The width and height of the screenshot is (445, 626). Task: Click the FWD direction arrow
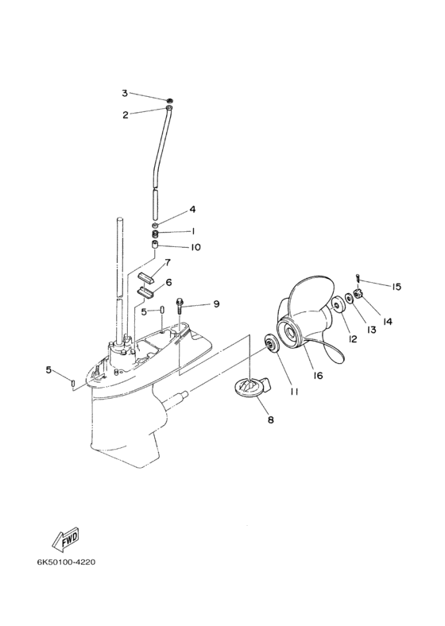(66, 539)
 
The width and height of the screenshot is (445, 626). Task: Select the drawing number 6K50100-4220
(66, 562)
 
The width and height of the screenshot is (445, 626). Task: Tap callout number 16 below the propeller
(318, 375)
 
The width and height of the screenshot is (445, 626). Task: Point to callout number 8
(271, 419)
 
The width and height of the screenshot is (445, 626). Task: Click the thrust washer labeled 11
(273, 345)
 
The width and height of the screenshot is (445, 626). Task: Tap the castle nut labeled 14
(358, 295)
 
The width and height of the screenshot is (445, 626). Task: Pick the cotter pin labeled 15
(358, 278)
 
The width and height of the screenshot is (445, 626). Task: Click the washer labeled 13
(348, 297)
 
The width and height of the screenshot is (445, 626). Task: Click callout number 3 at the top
(125, 94)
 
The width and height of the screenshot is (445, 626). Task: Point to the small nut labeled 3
(170, 99)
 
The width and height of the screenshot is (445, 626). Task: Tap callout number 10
(195, 247)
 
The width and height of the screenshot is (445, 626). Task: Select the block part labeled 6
(145, 292)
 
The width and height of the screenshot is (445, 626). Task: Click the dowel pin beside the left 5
(72, 382)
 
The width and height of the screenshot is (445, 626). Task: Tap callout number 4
(192, 209)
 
